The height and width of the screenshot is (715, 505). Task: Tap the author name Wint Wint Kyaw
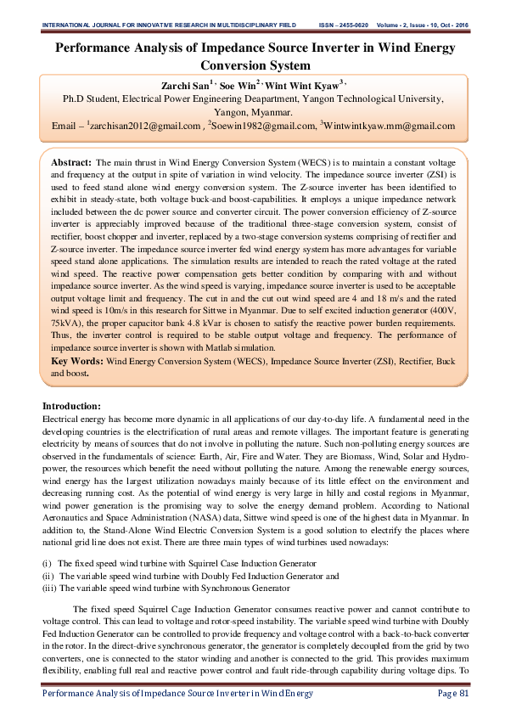pyautogui.click(x=302, y=86)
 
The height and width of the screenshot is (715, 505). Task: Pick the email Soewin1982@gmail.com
pyautogui.click(x=266, y=126)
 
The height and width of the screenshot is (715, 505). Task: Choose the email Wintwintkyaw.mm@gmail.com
pyautogui.click(x=389, y=126)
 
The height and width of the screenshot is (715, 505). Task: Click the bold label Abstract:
pyautogui.click(x=71, y=161)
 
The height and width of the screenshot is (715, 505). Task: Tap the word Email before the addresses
pyautogui.click(x=65, y=126)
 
